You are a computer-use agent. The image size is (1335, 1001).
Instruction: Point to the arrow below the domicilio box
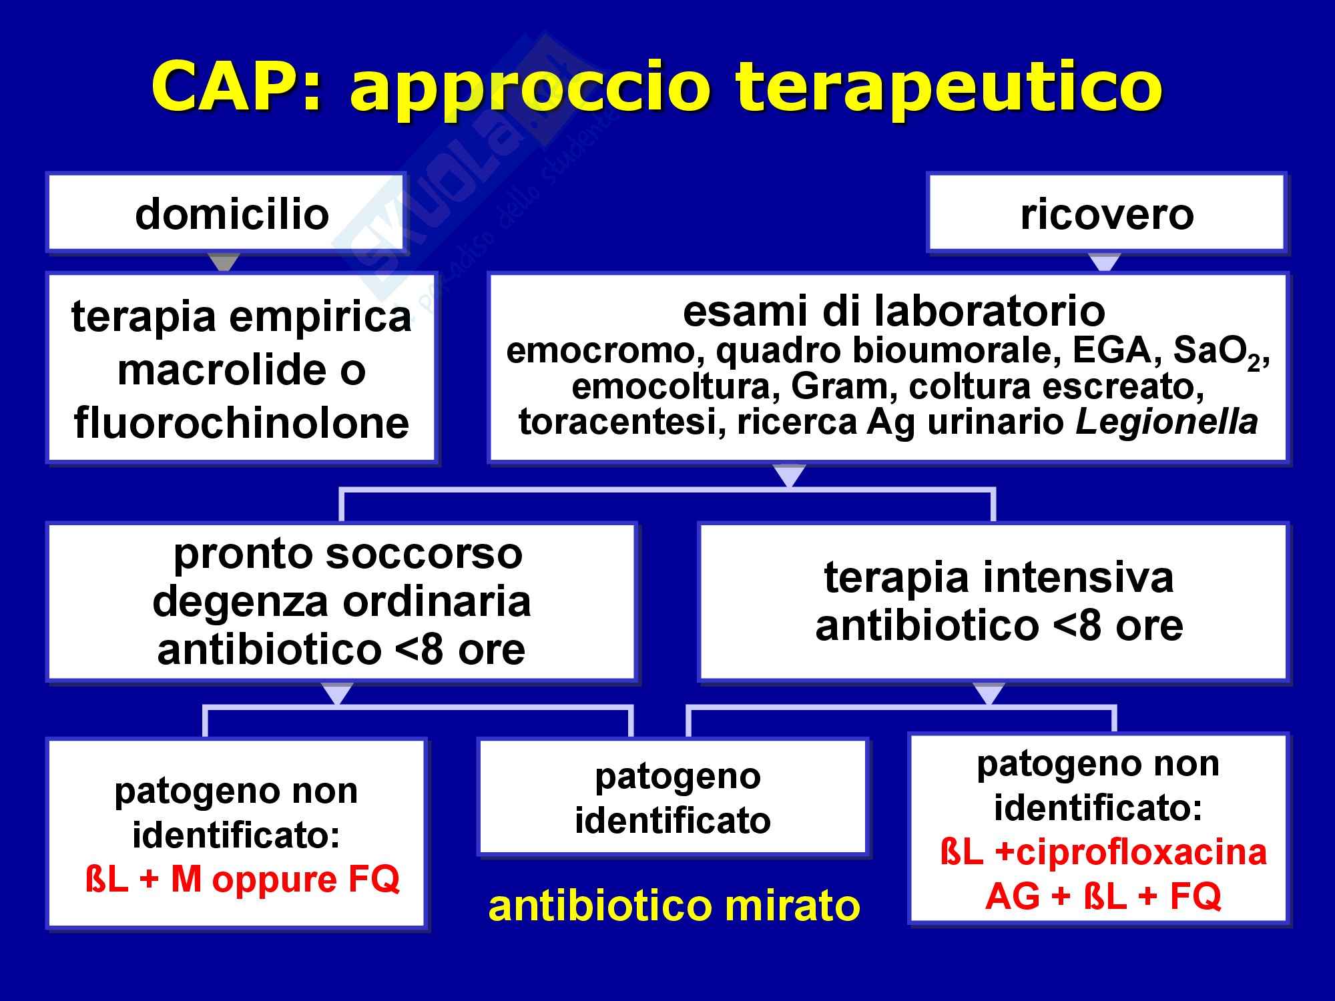224,262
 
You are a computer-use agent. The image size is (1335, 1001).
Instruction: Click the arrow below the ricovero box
1105,262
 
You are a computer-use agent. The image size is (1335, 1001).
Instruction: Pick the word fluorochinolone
242,422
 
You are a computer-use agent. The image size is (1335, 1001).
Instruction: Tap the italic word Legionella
1167,422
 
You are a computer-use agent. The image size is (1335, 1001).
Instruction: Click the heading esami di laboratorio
894,312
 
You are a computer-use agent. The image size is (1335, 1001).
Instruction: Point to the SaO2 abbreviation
1216,352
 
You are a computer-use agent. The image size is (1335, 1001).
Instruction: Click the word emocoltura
671,387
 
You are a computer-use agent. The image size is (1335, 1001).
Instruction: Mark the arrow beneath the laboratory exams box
789,475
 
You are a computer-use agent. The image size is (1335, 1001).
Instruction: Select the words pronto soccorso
348,553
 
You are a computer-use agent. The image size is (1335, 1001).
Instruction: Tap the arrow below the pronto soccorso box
337,693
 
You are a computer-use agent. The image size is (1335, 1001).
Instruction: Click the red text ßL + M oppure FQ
242,879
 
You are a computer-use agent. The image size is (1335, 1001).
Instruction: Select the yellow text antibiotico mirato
674,905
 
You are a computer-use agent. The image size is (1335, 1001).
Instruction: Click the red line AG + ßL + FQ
1103,896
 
